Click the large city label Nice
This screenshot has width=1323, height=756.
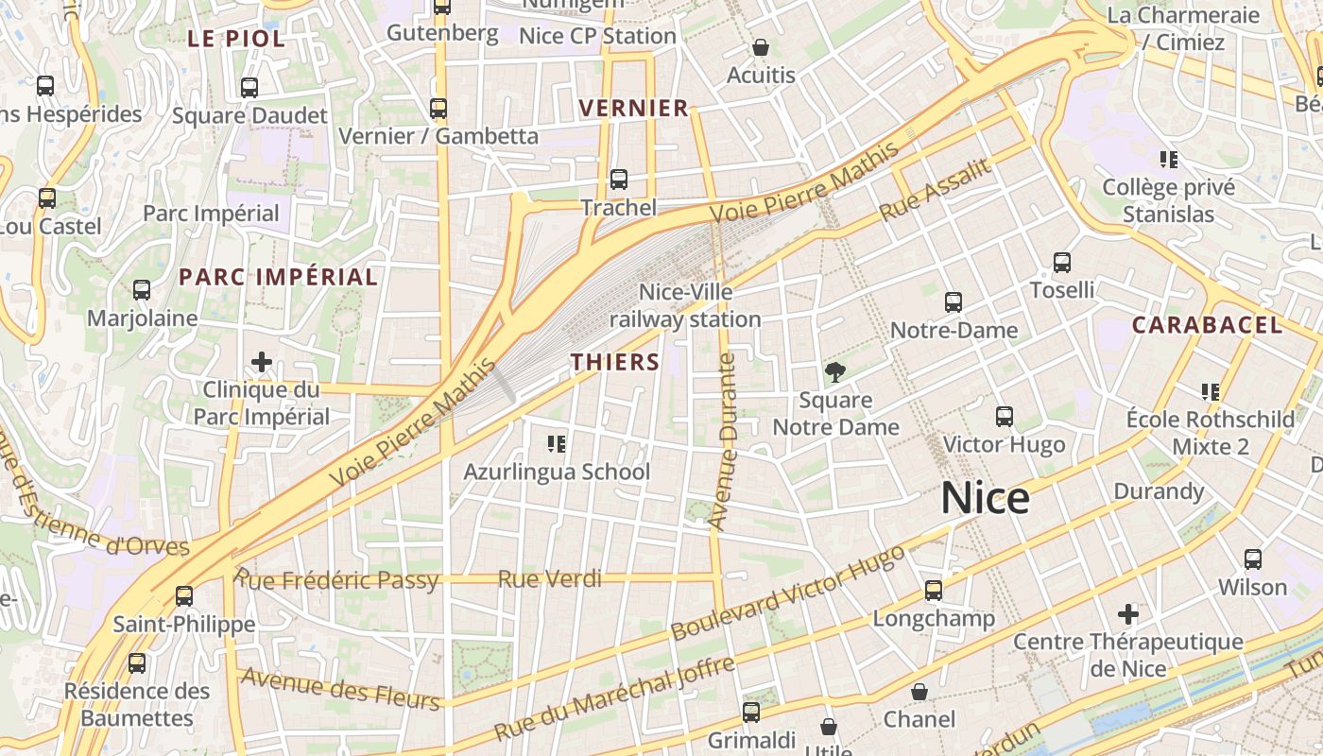click(985, 498)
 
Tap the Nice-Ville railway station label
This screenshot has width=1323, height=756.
click(685, 305)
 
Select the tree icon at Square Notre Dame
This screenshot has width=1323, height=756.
click(835, 372)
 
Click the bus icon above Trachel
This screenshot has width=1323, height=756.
click(619, 179)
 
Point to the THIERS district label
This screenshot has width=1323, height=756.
click(615, 362)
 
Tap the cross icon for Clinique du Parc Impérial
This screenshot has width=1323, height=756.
click(262, 362)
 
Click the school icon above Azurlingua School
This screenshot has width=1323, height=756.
click(556, 443)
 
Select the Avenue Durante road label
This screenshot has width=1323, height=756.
click(725, 440)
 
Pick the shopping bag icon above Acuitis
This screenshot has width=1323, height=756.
click(761, 47)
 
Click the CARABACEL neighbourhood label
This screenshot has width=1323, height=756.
click(1207, 325)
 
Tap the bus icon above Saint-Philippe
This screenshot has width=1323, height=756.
click(184, 596)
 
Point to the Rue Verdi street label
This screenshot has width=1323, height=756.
click(549, 578)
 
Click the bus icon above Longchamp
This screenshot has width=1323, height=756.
click(934, 591)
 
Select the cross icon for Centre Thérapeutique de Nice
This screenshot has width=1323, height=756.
click(1127, 614)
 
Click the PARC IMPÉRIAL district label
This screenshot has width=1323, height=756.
click(278, 277)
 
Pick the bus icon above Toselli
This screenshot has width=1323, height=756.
click(1062, 263)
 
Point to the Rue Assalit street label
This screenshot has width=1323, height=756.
click(936, 190)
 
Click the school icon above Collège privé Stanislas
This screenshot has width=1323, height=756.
click(1169, 160)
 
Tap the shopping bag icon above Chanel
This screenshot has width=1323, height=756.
click(919, 692)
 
